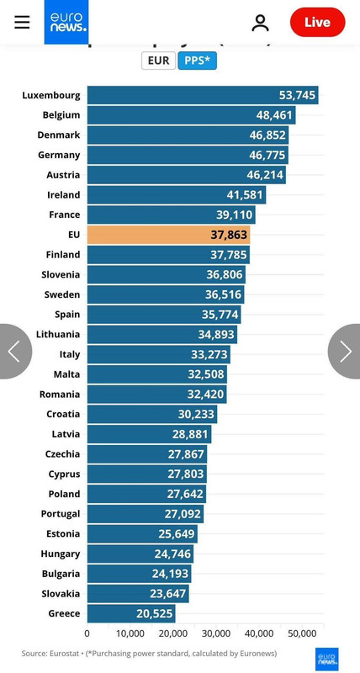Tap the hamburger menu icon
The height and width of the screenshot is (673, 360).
[x=22, y=23]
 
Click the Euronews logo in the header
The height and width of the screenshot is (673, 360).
[x=66, y=22]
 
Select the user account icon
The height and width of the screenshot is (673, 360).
[x=260, y=23]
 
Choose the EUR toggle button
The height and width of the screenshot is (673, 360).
[x=158, y=61]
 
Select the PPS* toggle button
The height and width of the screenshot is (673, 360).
[x=197, y=61]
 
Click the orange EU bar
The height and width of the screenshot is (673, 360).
[x=168, y=235]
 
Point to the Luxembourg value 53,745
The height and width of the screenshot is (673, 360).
[x=297, y=95]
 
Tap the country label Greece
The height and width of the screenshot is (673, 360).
[x=64, y=613]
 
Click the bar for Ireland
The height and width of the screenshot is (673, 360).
[x=176, y=194]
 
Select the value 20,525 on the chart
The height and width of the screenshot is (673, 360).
[x=154, y=613]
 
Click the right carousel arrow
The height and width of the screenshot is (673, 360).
[x=346, y=351]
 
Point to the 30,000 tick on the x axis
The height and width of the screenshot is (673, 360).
[x=216, y=633]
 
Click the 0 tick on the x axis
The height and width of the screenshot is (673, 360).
[x=87, y=633]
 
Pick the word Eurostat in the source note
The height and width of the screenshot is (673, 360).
[x=65, y=653]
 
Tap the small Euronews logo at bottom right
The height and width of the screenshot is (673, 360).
[x=326, y=659]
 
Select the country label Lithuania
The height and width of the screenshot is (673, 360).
[x=58, y=334]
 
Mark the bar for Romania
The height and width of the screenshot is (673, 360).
[x=156, y=394]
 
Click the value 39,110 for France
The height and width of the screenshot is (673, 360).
[x=233, y=215]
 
